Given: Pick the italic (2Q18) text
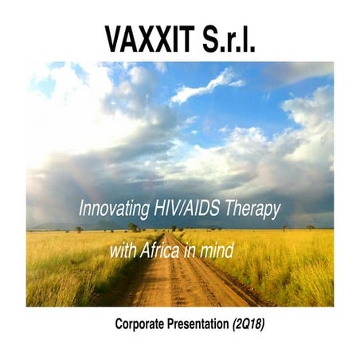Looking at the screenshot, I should click(253, 325).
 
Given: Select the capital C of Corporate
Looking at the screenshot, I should click(119, 325).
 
